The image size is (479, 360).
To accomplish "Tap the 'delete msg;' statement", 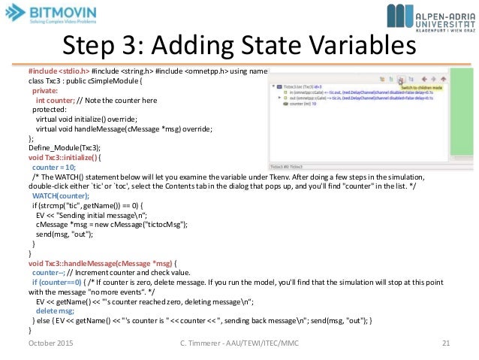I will (x=55, y=310).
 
